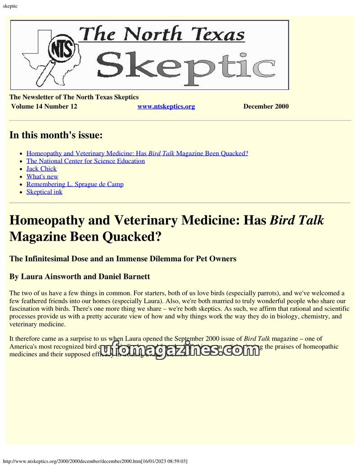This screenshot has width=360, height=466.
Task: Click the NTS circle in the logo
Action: coord(62,50)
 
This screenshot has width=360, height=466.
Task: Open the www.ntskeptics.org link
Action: coord(166,107)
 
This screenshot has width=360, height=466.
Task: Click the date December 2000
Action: coord(266,107)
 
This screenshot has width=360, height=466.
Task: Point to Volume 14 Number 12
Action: coord(44,107)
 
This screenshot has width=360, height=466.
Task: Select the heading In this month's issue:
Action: coord(56,135)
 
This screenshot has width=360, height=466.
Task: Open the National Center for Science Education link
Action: coord(85,161)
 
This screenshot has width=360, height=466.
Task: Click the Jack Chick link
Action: coord(41,169)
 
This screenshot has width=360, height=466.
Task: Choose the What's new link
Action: coord(42,176)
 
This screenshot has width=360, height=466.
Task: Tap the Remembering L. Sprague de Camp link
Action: coord(75,184)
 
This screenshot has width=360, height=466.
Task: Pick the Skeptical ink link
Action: coord(44,192)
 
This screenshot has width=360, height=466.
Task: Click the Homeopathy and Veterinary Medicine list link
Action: coord(137,153)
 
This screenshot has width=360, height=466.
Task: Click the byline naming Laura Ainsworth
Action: coord(80,276)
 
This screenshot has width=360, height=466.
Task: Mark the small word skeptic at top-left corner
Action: coord(10,5)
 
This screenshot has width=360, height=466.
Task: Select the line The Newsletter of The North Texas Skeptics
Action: coord(74,97)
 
